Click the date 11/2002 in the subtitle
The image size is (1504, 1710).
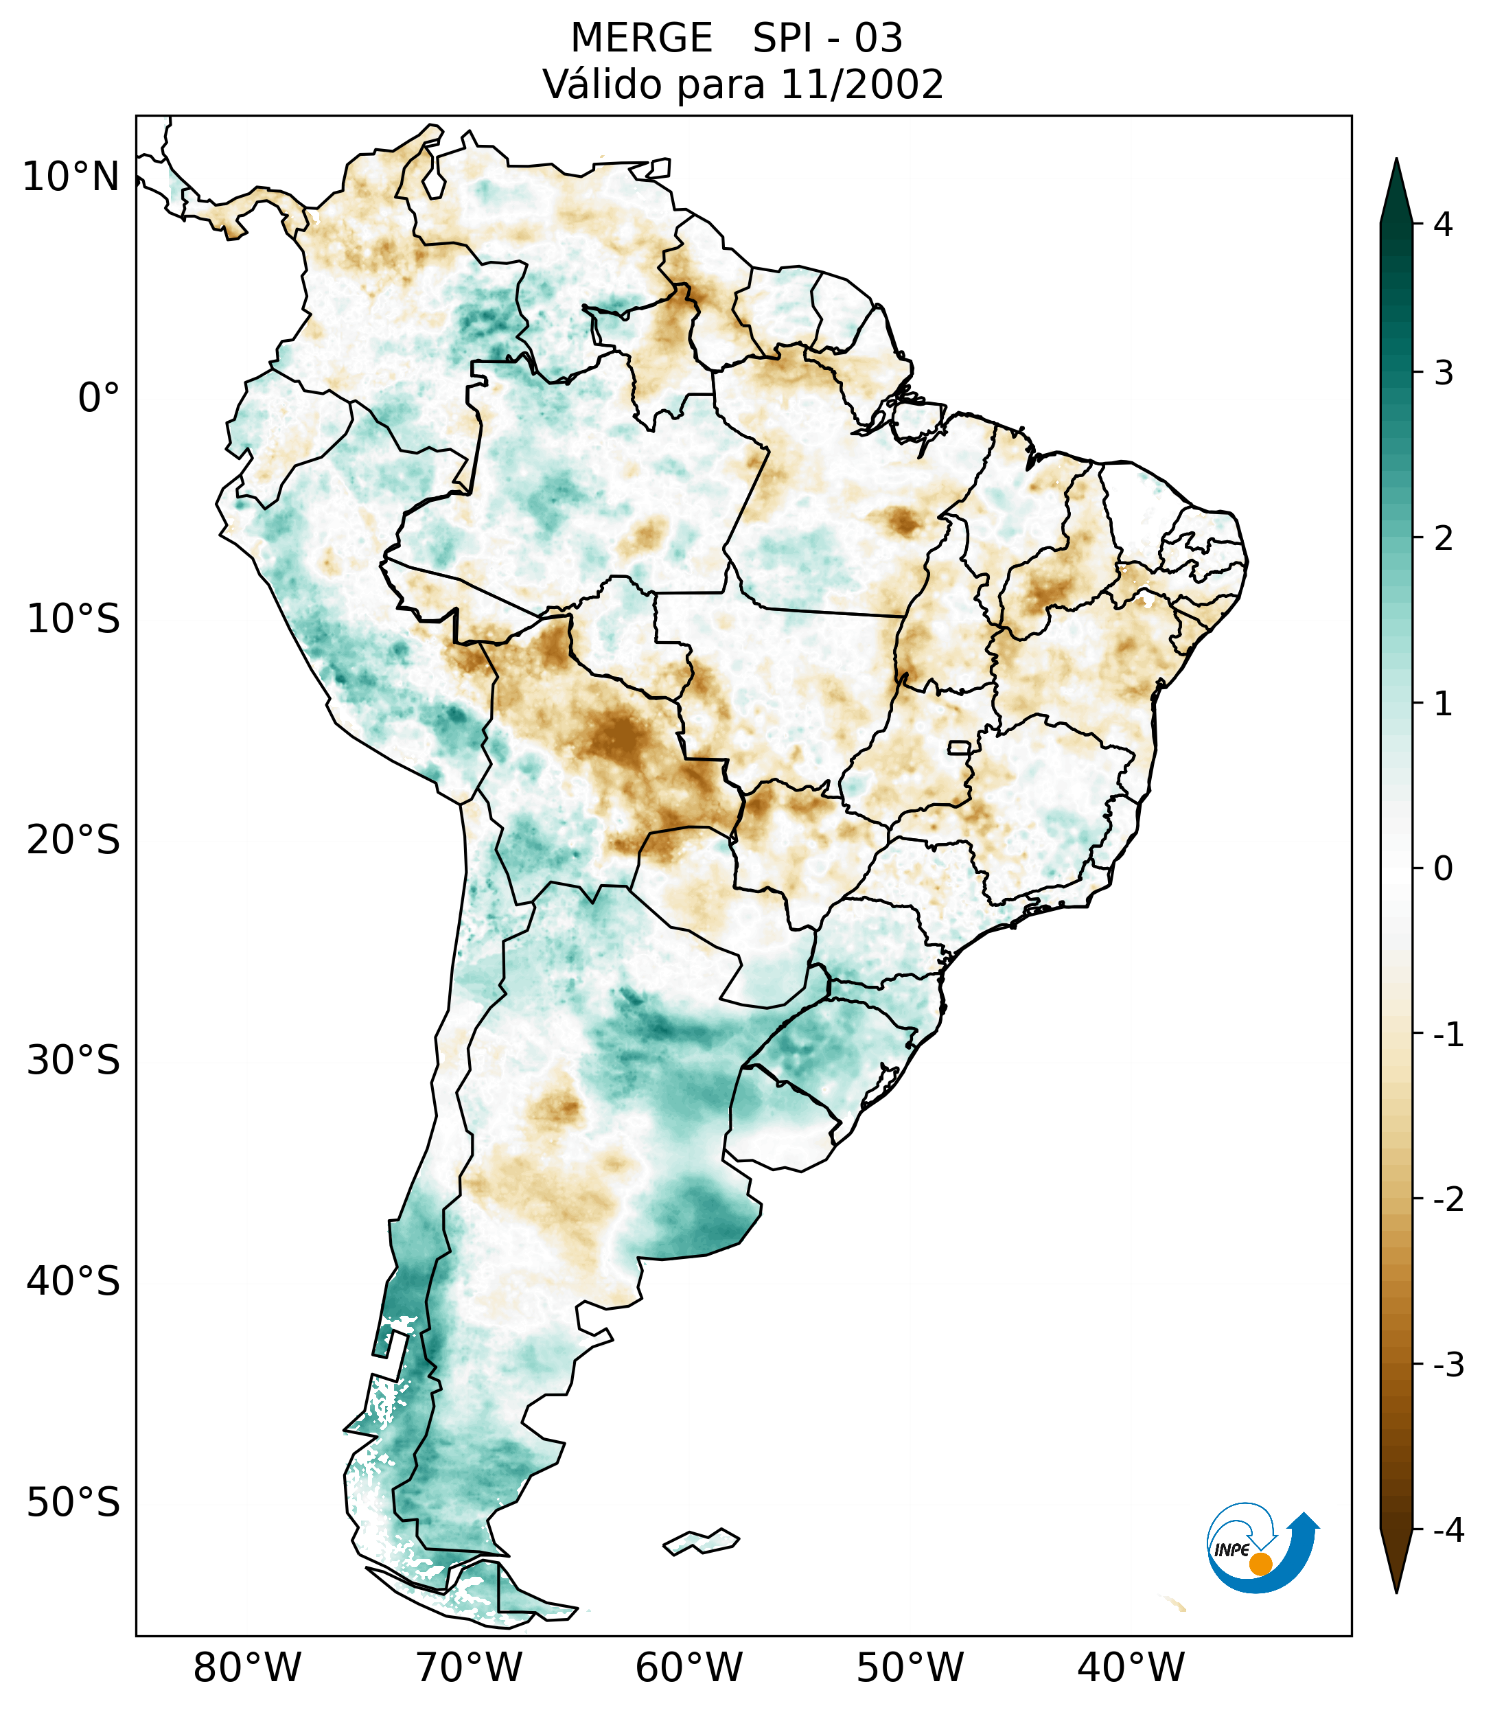[861, 84]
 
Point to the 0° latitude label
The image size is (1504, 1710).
[99, 397]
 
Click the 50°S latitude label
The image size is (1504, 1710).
[73, 1503]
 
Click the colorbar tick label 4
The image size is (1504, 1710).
[1443, 224]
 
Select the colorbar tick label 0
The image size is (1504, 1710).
[1443, 869]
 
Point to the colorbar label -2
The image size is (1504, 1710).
[1448, 1200]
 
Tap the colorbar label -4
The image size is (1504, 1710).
[1448, 1530]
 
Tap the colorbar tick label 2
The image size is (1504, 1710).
[1443, 539]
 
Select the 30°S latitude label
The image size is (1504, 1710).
[73, 1061]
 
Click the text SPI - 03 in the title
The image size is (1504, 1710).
[827, 38]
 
